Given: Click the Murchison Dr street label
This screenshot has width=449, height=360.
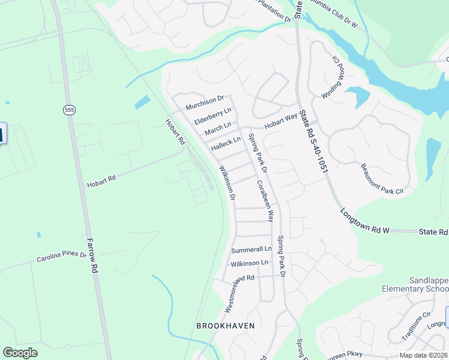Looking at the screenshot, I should click(x=205, y=103).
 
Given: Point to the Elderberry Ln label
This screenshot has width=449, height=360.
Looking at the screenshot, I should click(x=212, y=116).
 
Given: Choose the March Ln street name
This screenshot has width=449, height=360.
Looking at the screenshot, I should click(x=217, y=129).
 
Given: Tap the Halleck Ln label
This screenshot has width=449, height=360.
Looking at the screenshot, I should click(x=226, y=143).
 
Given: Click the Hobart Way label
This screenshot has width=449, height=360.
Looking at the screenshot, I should click(x=282, y=119).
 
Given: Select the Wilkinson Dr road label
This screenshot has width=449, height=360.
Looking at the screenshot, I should click(x=227, y=183).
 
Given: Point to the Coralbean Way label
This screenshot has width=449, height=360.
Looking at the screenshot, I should click(x=265, y=201).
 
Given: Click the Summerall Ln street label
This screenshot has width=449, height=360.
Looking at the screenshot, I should click(x=251, y=249).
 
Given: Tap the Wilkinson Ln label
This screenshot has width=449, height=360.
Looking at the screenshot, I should click(x=249, y=263).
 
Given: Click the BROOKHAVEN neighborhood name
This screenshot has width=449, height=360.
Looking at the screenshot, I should click(x=226, y=326).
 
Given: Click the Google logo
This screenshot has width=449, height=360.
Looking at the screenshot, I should click(x=20, y=352).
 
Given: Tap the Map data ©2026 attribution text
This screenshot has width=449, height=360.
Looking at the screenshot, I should click(x=423, y=355).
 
